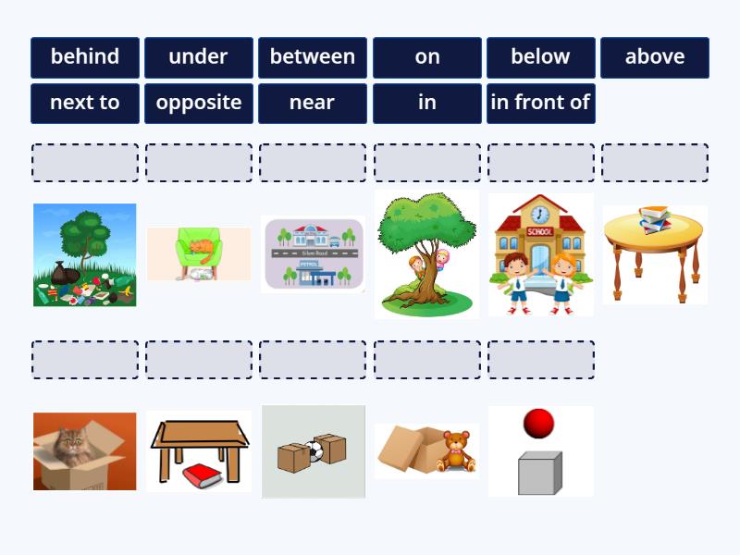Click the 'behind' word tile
(85, 57)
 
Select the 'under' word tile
(199, 57)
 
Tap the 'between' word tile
(313, 57)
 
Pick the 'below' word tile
(540, 57)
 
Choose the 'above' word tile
(655, 57)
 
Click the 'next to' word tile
(85, 103)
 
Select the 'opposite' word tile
(199, 103)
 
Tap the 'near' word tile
(313, 103)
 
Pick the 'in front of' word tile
(540, 103)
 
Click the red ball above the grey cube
(538, 424)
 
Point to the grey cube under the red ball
(539, 473)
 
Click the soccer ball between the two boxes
(314, 451)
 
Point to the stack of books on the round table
(655, 219)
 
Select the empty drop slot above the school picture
(540, 163)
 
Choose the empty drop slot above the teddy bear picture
(426, 360)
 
